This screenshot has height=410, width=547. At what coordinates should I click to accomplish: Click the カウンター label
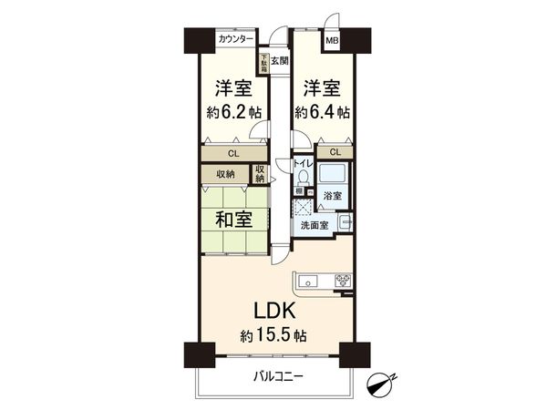click(236, 39)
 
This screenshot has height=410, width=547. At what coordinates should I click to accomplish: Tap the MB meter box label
click(334, 39)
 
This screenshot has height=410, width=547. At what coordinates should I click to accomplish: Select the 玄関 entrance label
click(279, 61)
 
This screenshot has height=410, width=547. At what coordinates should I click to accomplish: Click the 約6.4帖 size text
click(322, 114)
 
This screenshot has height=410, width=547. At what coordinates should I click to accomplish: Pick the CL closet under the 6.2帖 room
click(233, 154)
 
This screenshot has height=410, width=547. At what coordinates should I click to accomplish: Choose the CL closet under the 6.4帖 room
click(335, 152)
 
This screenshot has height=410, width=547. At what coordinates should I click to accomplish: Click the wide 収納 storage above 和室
click(226, 174)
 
